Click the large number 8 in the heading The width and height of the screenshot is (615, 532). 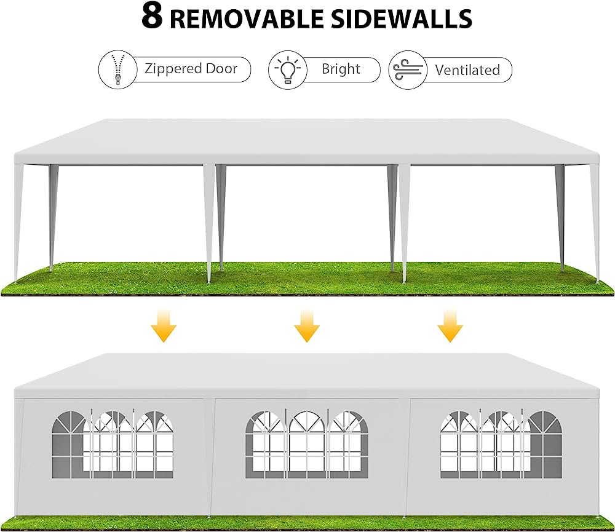[152, 17]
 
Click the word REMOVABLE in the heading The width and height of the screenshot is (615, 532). [246, 18]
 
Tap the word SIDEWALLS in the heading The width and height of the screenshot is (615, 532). [400, 18]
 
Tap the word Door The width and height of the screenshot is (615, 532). [222, 68]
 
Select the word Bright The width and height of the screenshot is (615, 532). [341, 69]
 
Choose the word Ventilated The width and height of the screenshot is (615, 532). [467, 70]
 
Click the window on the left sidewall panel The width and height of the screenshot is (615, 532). [113, 445]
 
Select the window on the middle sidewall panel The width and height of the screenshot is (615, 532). [306, 445]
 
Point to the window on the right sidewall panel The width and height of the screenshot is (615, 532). [501, 445]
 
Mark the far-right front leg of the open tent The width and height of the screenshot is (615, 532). [595, 221]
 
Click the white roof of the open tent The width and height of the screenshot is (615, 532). [307, 138]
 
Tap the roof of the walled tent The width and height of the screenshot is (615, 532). [307, 372]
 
